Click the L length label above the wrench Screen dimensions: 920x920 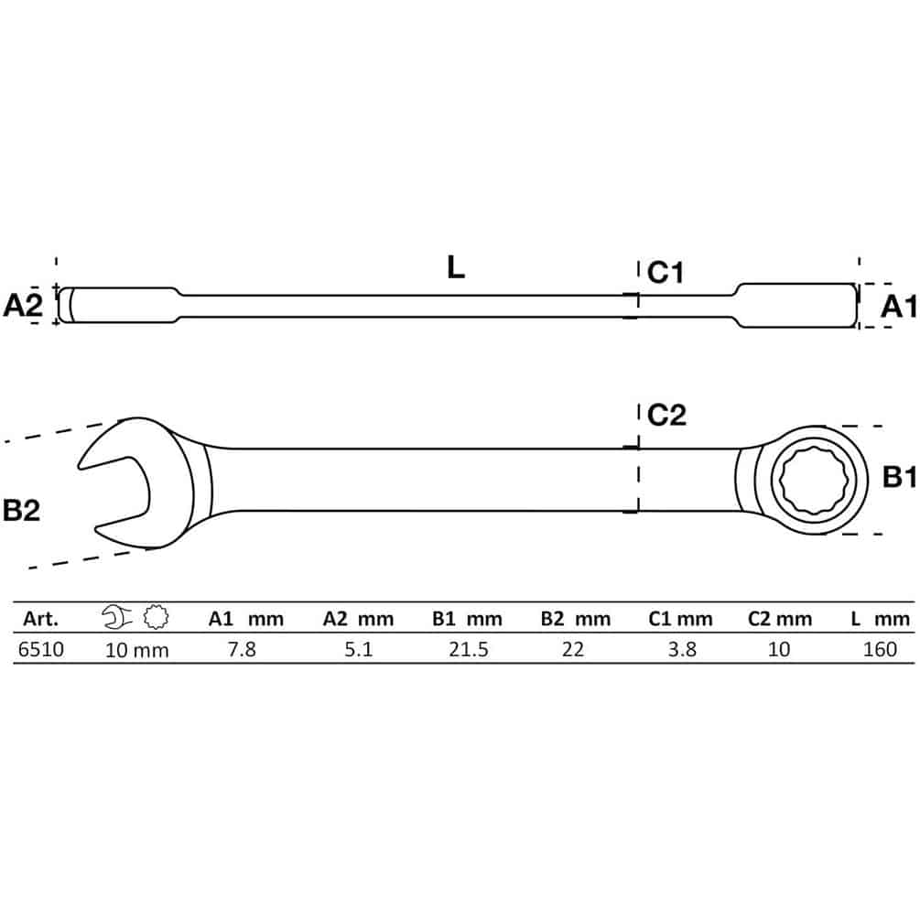456,267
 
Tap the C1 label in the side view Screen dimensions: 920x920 666,273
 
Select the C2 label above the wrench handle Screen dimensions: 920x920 666,416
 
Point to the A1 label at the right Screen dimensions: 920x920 898,307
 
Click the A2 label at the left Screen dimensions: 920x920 23,306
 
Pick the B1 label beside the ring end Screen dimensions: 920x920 900,478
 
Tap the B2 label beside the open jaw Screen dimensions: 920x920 22,510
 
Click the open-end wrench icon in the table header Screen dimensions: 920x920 117,617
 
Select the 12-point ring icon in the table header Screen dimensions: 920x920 156,617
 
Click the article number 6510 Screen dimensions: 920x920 41,650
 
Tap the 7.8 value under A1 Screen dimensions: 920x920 243,650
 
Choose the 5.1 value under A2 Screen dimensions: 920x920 359,650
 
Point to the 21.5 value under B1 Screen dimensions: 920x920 468,650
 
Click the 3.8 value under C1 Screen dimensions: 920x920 682,650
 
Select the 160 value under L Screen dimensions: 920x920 880,650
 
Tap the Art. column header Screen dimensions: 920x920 40,619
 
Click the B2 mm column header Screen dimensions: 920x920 576,619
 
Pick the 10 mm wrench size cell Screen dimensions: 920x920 136,650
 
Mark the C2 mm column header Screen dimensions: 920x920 780,619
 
